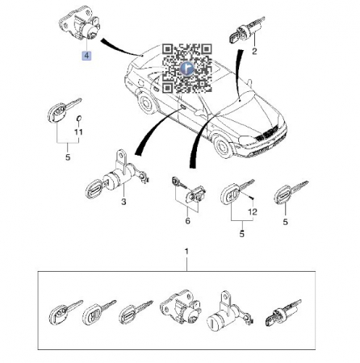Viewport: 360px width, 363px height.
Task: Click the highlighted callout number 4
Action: [x=86, y=56]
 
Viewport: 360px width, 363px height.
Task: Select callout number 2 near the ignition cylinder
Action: [x=254, y=51]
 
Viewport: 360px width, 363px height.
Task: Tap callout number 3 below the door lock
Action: [x=123, y=202]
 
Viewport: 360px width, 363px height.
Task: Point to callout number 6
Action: [x=187, y=221]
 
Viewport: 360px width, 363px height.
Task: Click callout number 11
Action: [x=78, y=132]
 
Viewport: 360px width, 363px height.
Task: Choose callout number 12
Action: [x=253, y=212]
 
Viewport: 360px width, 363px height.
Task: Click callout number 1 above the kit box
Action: [x=186, y=252]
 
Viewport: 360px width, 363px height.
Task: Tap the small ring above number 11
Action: [x=79, y=119]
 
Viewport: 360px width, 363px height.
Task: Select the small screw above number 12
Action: [x=252, y=198]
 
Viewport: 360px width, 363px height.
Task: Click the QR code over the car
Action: [x=187, y=69]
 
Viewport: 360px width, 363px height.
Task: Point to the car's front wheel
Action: [x=223, y=146]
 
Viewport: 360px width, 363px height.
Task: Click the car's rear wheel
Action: [x=146, y=102]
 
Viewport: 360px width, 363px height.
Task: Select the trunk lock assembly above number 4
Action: [x=80, y=27]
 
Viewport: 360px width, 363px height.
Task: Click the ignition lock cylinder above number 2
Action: [x=245, y=30]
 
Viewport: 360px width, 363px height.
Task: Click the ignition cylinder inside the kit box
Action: [x=283, y=312]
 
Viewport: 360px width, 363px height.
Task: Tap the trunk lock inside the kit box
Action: [x=180, y=307]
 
